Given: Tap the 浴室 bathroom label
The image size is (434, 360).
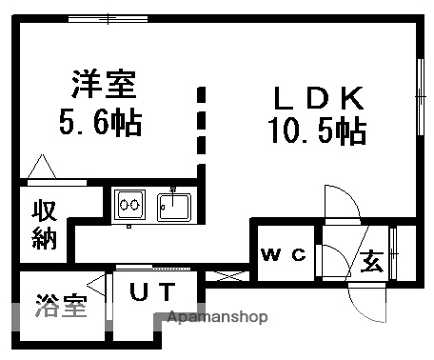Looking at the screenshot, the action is [x=60, y=307].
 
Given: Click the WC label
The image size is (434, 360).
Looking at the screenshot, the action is [x=285, y=253].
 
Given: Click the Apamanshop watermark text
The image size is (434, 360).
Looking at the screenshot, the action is [x=217, y=317].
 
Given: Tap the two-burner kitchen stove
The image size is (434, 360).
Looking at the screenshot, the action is [x=129, y=204].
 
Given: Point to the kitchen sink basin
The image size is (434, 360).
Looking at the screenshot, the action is [x=173, y=205].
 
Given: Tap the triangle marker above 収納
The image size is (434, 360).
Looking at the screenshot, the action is [x=41, y=169].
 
